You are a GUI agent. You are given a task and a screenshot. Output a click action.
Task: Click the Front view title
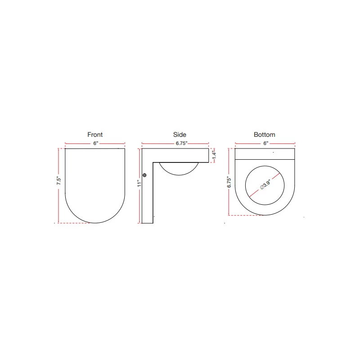click(95, 135)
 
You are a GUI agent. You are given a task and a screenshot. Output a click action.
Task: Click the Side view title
click(180, 135)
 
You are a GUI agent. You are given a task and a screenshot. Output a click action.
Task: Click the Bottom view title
click(264, 135)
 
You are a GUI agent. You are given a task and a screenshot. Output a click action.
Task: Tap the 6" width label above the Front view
click(95, 143)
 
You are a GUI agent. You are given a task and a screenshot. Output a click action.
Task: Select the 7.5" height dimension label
click(58, 181)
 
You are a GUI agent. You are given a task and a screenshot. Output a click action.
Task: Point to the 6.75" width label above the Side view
click(181, 143)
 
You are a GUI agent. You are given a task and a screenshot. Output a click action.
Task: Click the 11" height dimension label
click(139, 183)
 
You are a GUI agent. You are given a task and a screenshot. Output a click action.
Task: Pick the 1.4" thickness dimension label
click(214, 155)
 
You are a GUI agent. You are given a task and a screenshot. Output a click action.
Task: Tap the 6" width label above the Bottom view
click(265, 143)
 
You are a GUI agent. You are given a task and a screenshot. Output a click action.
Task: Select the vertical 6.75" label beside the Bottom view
click(229, 182)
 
